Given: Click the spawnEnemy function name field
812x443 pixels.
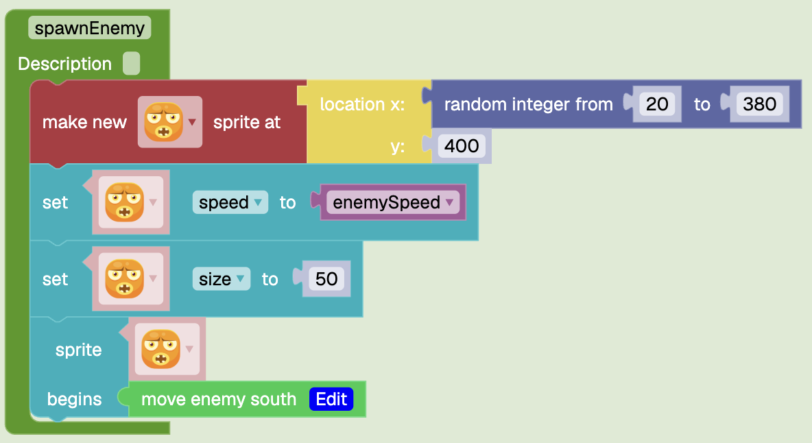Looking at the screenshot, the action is tap(90, 28).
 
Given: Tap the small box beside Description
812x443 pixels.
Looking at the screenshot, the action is tap(132, 64).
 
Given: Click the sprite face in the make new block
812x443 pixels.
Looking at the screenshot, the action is tap(164, 122).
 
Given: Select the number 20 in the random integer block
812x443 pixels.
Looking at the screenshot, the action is tap(656, 104).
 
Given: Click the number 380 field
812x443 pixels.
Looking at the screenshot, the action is tap(759, 104).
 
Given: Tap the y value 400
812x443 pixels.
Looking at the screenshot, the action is tap(462, 146).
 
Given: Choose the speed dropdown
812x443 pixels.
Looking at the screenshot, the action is tap(230, 202).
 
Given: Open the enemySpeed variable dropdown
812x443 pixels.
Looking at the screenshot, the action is tap(393, 202).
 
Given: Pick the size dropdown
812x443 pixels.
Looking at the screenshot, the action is tap(221, 279).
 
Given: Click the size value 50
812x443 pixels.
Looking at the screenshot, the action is tap(326, 279).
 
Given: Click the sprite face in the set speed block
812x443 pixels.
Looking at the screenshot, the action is tap(125, 202).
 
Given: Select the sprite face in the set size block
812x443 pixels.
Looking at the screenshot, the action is tap(125, 279).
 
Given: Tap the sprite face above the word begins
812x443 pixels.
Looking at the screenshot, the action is tap(161, 349).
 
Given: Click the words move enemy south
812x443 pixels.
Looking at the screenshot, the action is tap(219, 400).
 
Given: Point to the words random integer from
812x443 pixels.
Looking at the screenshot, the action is tap(528, 104).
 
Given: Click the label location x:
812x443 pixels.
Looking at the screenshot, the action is tap(362, 104).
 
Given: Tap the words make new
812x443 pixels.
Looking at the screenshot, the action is tap(84, 123).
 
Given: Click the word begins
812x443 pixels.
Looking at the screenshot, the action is tap(74, 400).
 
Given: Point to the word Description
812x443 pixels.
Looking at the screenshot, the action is tap(64, 64).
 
